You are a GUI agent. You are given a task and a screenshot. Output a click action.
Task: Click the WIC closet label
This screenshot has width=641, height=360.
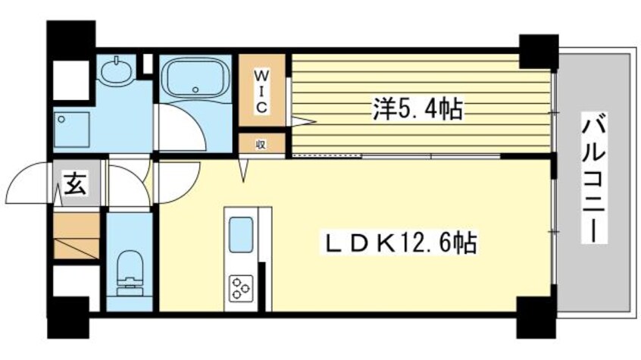point(260,90)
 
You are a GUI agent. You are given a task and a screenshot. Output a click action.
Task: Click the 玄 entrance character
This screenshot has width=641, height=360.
point(74,184)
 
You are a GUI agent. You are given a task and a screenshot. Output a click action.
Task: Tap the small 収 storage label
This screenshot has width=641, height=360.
point(260,142)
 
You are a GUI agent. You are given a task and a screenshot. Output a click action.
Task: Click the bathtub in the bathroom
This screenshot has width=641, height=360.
point(195,78)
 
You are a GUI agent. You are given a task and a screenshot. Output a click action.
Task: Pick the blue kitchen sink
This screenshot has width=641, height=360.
point(241,234)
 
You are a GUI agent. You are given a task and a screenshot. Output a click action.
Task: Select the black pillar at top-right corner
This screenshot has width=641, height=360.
point(538,50)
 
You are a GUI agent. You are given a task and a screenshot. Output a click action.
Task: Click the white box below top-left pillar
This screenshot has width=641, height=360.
point(72,75)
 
